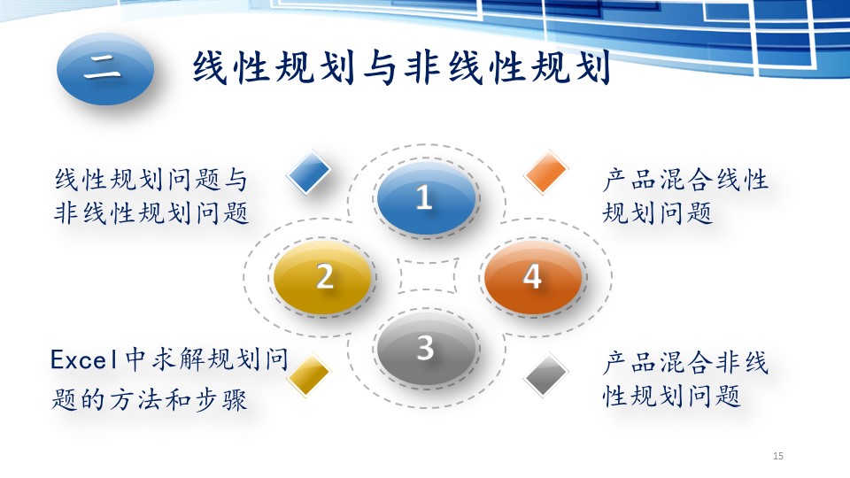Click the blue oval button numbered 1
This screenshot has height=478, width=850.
[x=426, y=198]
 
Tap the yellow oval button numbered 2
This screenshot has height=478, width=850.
[x=323, y=277]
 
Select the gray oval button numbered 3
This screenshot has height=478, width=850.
[x=426, y=347]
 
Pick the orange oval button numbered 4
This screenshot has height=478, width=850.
[x=532, y=277]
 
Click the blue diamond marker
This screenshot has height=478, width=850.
[x=308, y=173]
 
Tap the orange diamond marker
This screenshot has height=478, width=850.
[x=546, y=173]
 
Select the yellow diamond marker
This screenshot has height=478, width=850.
[x=308, y=374]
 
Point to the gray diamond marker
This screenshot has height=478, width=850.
[x=546, y=374]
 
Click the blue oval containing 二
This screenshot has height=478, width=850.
[x=105, y=69]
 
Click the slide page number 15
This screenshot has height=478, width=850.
[x=778, y=456]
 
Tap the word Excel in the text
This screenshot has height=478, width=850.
[x=83, y=360]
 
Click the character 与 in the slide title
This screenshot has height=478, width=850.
[x=380, y=68]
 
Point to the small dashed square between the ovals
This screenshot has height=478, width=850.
[x=427, y=276]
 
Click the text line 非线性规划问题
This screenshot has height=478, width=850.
[x=151, y=213]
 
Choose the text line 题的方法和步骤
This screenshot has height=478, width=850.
[x=149, y=401]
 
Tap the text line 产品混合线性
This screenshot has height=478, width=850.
[x=685, y=180]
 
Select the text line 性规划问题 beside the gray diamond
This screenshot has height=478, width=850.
[x=672, y=396]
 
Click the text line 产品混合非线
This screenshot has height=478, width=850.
[x=685, y=363]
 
